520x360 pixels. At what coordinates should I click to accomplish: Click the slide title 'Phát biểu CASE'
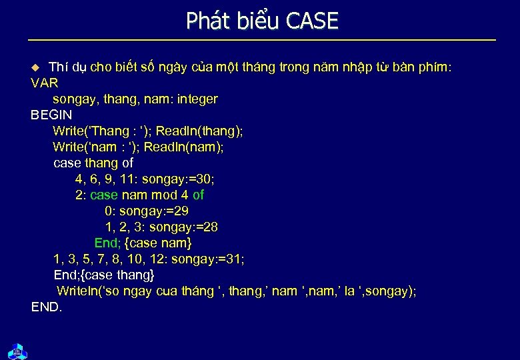262,21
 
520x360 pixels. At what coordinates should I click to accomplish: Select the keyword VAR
45,83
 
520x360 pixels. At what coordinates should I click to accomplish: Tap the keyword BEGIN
51,115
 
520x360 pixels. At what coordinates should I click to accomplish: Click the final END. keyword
47,307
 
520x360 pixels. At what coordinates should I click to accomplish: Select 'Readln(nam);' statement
184,147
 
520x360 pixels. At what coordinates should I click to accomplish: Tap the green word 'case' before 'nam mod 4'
103,195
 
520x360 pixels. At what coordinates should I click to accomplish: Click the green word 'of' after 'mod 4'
198,195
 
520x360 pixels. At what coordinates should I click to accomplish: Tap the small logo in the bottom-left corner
17,350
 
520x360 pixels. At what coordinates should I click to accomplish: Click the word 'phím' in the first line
435,67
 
